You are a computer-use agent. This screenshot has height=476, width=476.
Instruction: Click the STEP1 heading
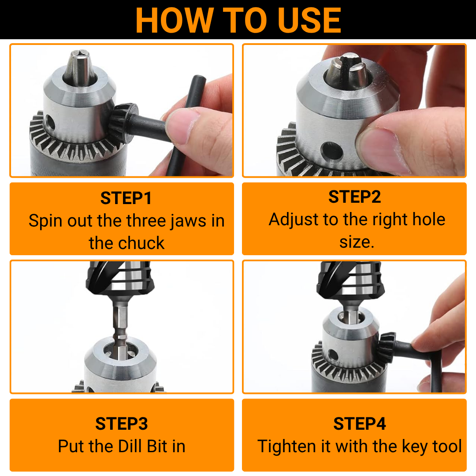(x=126, y=198)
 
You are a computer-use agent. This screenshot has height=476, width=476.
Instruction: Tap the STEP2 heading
(x=354, y=197)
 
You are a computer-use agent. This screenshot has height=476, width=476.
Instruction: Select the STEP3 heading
(x=121, y=424)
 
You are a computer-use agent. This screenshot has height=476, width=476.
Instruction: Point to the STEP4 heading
(x=360, y=424)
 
